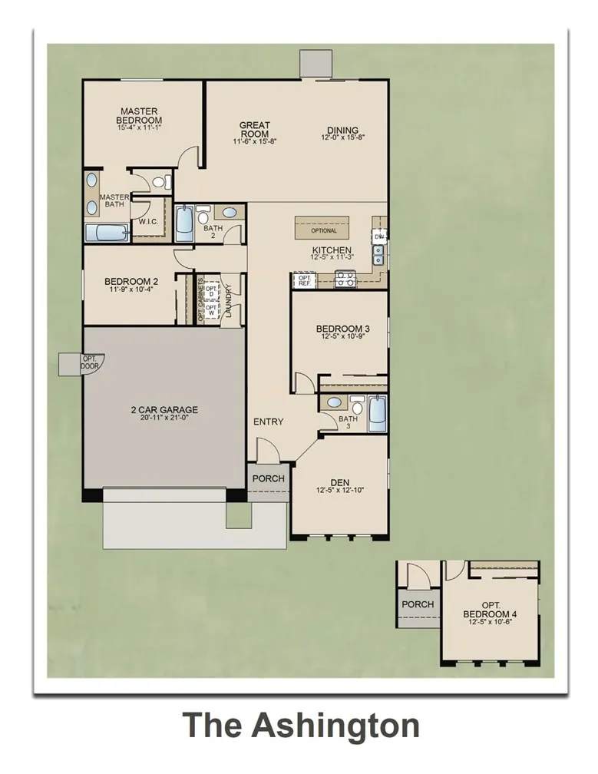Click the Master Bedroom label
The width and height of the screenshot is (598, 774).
click(139, 116)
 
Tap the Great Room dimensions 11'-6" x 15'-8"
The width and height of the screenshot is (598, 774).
click(254, 142)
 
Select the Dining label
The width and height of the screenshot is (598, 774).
click(342, 130)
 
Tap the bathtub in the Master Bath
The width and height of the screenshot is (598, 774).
click(107, 233)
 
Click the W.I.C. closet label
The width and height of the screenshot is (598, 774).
click(148, 222)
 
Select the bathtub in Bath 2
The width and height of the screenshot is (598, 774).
click(185, 224)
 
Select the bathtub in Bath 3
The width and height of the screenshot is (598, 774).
click(377, 415)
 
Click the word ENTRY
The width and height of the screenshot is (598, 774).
click(269, 422)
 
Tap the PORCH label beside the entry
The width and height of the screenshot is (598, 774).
click(269, 478)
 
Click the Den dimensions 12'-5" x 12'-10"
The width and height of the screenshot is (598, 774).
click(340, 490)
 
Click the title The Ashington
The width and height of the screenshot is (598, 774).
click(301, 726)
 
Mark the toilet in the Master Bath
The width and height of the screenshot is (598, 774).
click(160, 183)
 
